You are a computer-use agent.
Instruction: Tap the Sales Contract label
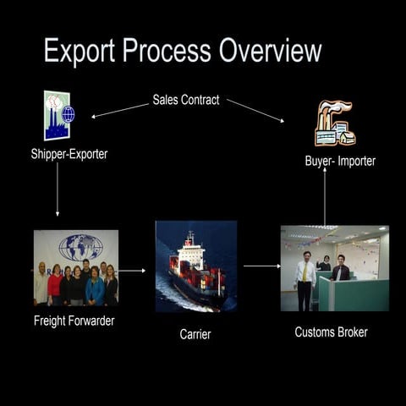pyautogui.click(x=186, y=100)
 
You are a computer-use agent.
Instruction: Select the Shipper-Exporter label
pyautogui.click(x=69, y=154)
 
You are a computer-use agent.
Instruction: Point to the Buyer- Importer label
pyautogui.click(x=340, y=161)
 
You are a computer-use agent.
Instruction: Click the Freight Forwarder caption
pyautogui.click(x=74, y=321)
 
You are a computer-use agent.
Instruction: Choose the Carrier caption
pyautogui.click(x=195, y=334)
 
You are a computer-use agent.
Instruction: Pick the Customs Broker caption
pyautogui.click(x=331, y=332)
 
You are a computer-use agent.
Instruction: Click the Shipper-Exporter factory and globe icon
pyautogui.click(x=58, y=115)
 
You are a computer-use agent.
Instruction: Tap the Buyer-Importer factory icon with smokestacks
pyautogui.click(x=334, y=123)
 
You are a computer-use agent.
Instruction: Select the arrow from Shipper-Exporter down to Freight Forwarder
pyautogui.click(x=58, y=189)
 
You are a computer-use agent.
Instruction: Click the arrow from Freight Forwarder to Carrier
pyautogui.click(x=132, y=272)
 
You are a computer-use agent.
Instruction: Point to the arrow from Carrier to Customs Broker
pyautogui.click(x=261, y=266)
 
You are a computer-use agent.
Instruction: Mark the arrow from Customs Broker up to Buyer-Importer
pyautogui.click(x=325, y=195)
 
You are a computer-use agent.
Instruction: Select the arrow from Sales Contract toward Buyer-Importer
pyautogui.click(x=255, y=110)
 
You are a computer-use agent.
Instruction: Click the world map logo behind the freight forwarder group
pyautogui.click(x=80, y=247)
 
